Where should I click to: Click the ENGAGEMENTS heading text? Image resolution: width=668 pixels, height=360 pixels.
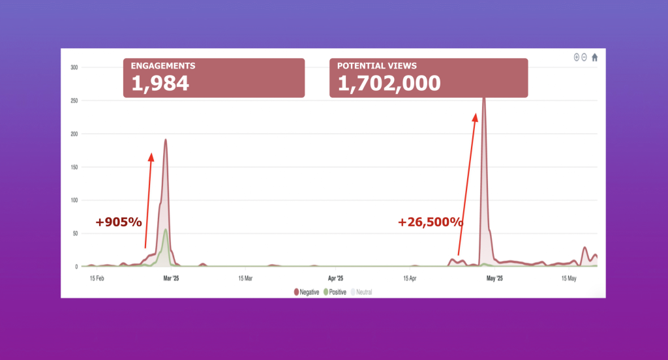pyautogui.click(x=162, y=66)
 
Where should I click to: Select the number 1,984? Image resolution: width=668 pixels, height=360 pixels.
pyautogui.click(x=160, y=83)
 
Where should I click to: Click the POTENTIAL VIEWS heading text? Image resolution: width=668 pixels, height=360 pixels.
pyautogui.click(x=377, y=66)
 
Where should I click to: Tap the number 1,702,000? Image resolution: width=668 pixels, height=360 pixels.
pyautogui.click(x=389, y=83)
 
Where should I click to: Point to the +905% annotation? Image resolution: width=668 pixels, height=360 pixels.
pyautogui.click(x=119, y=222)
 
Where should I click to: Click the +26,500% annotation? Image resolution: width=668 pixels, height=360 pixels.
pyautogui.click(x=431, y=222)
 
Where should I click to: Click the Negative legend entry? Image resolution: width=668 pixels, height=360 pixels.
pyautogui.click(x=307, y=292)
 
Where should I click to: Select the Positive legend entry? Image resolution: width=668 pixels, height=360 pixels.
pyautogui.click(x=335, y=292)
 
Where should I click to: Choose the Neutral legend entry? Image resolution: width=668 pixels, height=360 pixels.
pyautogui.click(x=362, y=292)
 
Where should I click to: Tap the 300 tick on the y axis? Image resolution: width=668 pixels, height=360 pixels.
pyautogui.click(x=74, y=67)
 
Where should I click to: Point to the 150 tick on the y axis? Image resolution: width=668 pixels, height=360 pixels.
pyautogui.click(x=74, y=168)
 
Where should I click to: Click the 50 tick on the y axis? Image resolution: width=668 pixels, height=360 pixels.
pyautogui.click(x=75, y=233)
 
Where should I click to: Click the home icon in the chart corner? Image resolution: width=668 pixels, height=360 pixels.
pyautogui.click(x=594, y=57)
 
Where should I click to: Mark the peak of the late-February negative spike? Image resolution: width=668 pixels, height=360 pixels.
pyautogui.click(x=166, y=140)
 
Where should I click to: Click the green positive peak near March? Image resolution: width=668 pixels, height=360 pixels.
pyautogui.click(x=166, y=230)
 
